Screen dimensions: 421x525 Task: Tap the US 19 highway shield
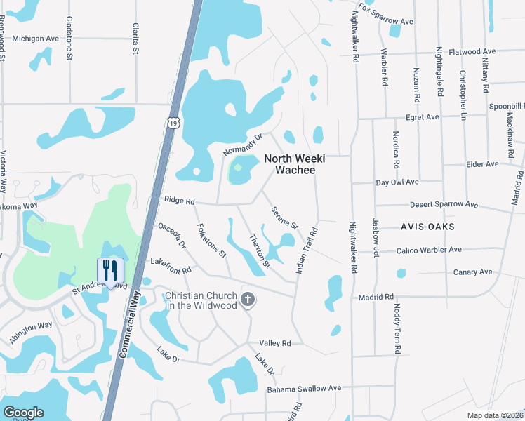coord(173,123)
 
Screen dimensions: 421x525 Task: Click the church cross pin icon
coord(247,300)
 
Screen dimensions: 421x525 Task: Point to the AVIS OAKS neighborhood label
coord(427,227)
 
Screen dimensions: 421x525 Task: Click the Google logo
coord(23,413)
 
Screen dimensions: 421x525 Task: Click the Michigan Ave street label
coord(36,39)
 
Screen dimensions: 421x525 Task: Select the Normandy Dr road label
coord(242,145)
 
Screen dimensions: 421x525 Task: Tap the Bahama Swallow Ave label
coord(304,388)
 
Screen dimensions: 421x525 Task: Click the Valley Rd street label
coord(275,343)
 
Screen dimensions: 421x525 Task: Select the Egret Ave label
coord(422,117)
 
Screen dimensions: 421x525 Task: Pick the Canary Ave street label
coord(473,272)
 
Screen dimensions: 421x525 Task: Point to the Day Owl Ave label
coord(397,182)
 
